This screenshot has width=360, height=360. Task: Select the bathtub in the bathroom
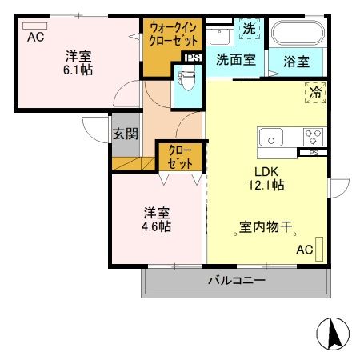[x=297, y=35]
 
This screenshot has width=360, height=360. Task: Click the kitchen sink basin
[x=273, y=137]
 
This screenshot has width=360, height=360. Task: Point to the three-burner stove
[x=311, y=136]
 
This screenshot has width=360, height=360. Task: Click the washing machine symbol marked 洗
[x=250, y=29]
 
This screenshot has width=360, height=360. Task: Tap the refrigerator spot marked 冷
[x=315, y=92]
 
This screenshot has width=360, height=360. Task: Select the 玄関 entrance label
[x=125, y=134]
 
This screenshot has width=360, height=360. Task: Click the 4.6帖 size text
[x=158, y=226]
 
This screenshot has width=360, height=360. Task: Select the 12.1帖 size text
[x=268, y=185]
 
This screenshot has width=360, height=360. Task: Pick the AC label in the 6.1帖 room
[x=34, y=37]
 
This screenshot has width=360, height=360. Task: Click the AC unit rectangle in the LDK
[x=320, y=249]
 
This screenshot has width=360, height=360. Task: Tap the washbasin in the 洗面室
[x=218, y=35]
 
